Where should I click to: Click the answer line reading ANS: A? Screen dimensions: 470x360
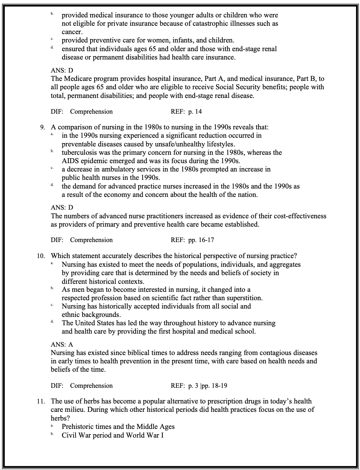coord(62,345)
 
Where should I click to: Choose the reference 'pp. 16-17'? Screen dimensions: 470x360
coord(201,240)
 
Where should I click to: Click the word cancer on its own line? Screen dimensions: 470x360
coord(72,32)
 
